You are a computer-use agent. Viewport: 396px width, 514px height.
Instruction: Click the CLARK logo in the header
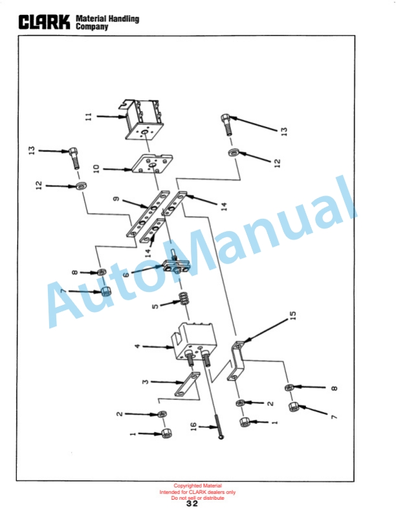[44, 22]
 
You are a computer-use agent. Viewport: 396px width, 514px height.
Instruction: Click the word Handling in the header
[124, 19]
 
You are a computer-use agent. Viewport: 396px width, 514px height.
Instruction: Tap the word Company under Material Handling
[92, 27]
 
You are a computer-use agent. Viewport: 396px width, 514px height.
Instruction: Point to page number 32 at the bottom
[192, 504]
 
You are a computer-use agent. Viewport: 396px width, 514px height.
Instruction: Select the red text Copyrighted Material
[197, 486]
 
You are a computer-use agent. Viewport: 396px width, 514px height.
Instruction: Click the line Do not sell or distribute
[197, 498]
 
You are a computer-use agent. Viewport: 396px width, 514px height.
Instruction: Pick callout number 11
[89, 117]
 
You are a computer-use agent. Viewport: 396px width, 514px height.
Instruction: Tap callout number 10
[96, 169]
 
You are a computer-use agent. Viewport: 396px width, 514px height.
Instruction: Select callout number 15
[293, 315]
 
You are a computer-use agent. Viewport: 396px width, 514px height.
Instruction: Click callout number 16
[193, 427]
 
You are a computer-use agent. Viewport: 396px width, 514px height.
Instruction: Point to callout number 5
[155, 306]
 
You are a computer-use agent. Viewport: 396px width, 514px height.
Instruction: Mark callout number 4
[137, 346]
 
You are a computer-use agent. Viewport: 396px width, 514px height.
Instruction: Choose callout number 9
[116, 199]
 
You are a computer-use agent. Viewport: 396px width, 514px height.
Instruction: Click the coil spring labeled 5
[185, 298]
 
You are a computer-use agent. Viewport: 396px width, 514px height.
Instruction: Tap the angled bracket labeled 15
[236, 361]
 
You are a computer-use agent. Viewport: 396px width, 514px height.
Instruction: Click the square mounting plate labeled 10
[152, 164]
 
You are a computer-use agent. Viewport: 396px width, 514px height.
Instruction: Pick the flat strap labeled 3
[188, 383]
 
